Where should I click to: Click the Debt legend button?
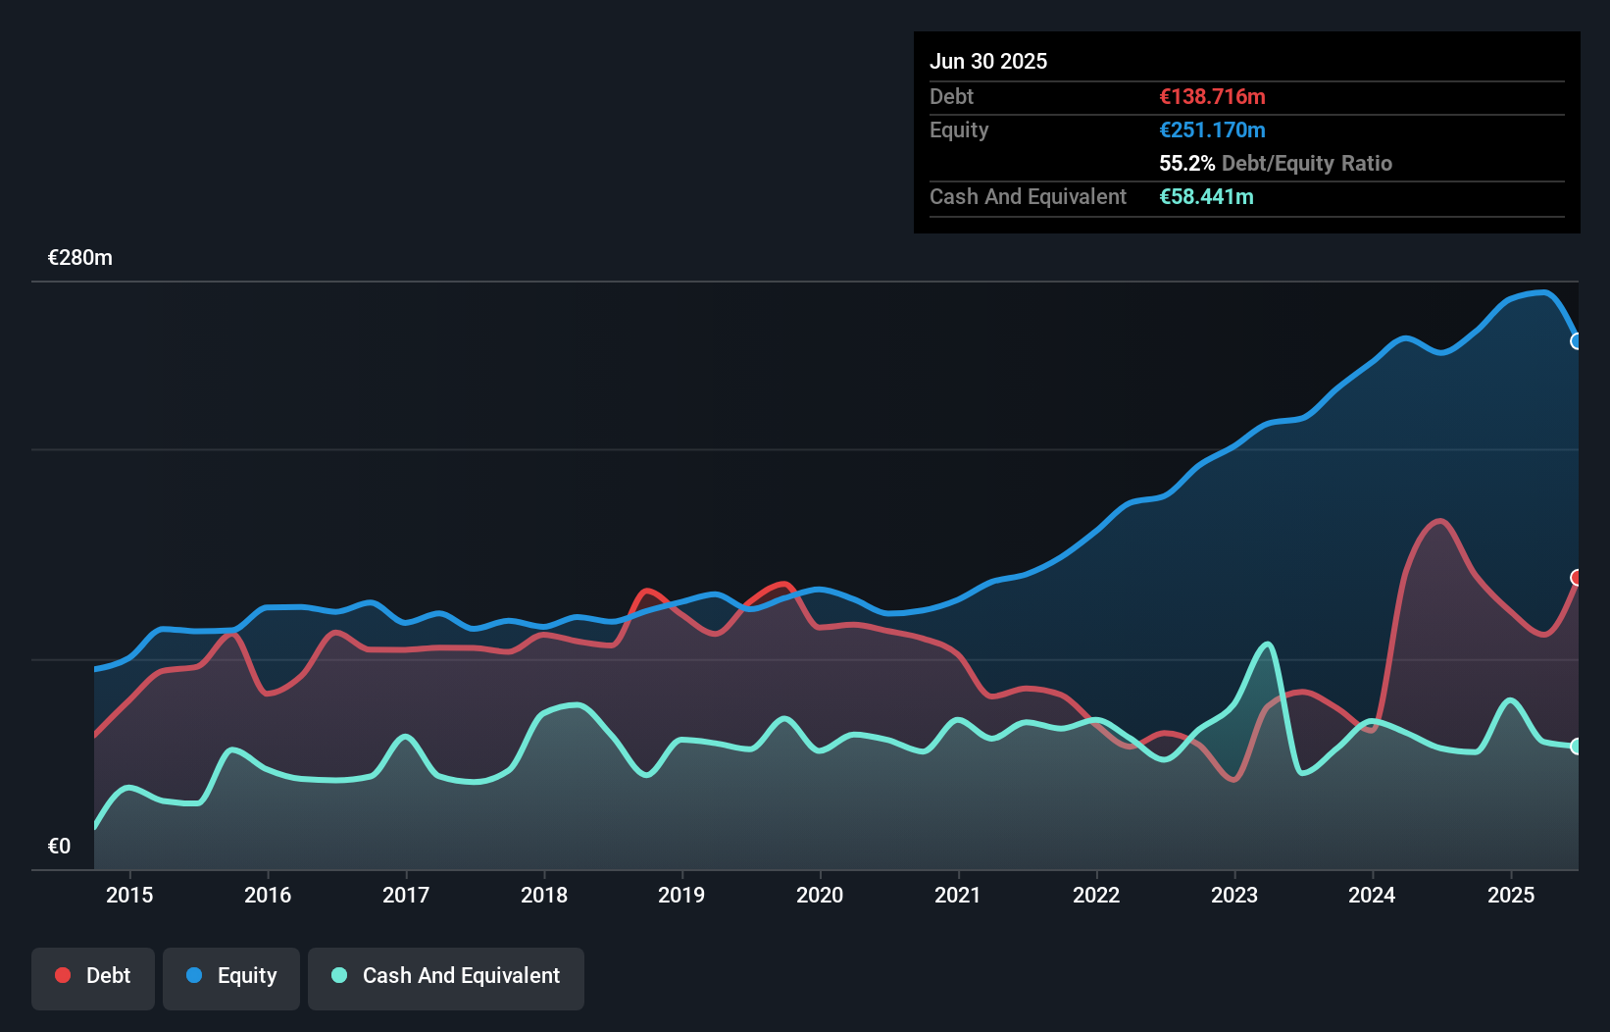tap(93, 977)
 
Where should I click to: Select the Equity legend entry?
tap(231, 977)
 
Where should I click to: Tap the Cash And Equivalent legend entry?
tap(446, 977)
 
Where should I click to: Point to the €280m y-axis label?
tap(80, 258)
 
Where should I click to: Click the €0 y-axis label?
tap(59, 847)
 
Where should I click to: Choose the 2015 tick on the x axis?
tap(129, 895)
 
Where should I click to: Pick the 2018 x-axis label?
tap(544, 895)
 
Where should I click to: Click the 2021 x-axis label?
tap(958, 895)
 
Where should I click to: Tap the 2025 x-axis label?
tap(1511, 895)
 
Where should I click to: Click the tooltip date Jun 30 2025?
tap(988, 61)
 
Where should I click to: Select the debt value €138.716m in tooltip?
tap(1212, 96)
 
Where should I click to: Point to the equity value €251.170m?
tap(1212, 129)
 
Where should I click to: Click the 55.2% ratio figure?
tap(1186, 163)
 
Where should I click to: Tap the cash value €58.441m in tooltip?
tap(1206, 196)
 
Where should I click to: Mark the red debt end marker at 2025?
tap(1577, 578)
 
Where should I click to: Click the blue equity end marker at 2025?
tap(1577, 341)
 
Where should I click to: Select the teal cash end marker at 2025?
tap(1577, 747)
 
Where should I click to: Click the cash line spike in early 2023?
tap(1268, 645)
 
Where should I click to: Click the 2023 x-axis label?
tap(1234, 895)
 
